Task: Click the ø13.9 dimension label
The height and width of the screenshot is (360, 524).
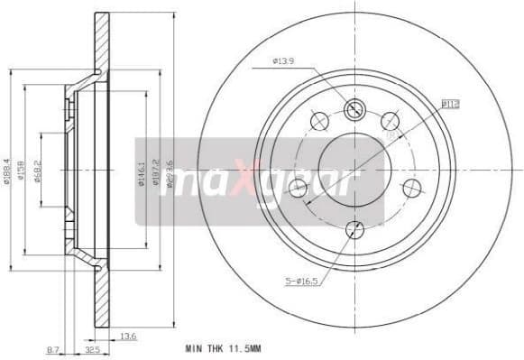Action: (283, 62)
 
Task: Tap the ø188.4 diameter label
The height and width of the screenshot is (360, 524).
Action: (7, 168)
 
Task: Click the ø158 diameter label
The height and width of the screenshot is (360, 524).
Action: (22, 169)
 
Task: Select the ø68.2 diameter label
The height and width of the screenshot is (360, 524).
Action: (37, 169)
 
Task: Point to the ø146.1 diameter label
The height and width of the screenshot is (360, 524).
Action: (141, 169)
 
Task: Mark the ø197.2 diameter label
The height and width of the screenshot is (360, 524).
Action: (155, 169)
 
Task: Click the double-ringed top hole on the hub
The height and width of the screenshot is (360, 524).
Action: (354, 108)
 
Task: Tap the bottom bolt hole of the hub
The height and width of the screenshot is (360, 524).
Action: (354, 229)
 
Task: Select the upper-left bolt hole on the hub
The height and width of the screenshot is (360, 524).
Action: (317, 120)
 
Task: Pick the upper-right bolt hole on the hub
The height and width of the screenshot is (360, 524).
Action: (391, 120)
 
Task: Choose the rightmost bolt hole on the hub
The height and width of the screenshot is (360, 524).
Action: (412, 188)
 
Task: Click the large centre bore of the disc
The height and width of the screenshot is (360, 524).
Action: (354, 169)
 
